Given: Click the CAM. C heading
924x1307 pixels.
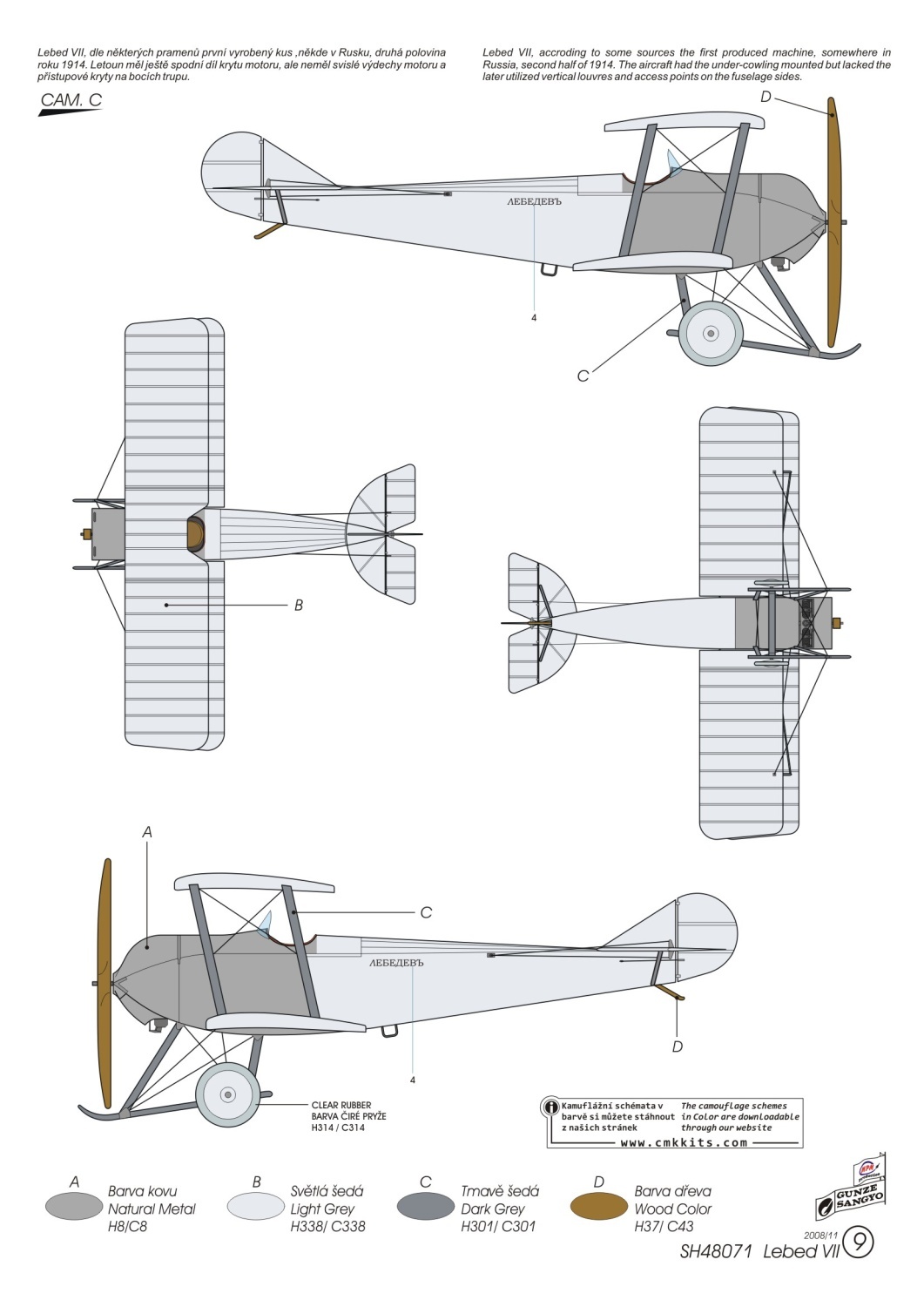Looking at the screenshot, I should (x=71, y=100).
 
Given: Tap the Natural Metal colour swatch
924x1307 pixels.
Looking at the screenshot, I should (x=74, y=1207).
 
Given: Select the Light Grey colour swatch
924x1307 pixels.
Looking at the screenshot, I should (x=255, y=1207).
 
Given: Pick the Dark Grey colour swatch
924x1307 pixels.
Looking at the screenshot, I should (x=426, y=1207).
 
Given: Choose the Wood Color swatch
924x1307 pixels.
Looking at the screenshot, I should (x=598, y=1207).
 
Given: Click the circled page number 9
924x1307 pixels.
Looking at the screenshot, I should (x=859, y=1243).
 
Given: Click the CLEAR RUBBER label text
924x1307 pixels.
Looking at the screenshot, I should (x=341, y=1106).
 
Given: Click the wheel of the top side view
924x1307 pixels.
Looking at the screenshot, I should (x=711, y=332).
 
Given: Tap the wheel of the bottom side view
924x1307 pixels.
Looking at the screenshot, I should (x=227, y=1094).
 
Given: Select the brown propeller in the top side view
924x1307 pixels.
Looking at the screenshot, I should (x=834, y=222).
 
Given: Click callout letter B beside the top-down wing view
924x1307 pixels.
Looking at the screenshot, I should (x=299, y=605).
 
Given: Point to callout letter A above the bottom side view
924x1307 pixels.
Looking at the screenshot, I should (x=147, y=832).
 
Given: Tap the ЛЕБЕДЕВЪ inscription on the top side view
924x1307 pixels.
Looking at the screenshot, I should (x=535, y=202).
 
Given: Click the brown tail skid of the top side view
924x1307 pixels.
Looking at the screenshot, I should (x=269, y=231).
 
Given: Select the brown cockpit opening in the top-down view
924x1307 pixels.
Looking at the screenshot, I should (x=195, y=533).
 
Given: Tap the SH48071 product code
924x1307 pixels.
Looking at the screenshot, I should (x=716, y=1252).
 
